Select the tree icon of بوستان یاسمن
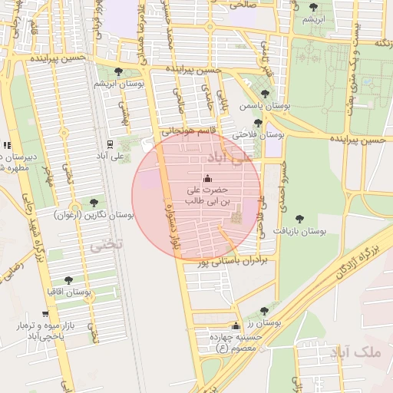point(265,94)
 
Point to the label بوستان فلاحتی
point(258,134)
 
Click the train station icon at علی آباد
point(111,144)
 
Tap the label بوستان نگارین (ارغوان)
point(94,215)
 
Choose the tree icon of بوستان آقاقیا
point(68,281)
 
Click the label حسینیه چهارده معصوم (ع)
point(226,343)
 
